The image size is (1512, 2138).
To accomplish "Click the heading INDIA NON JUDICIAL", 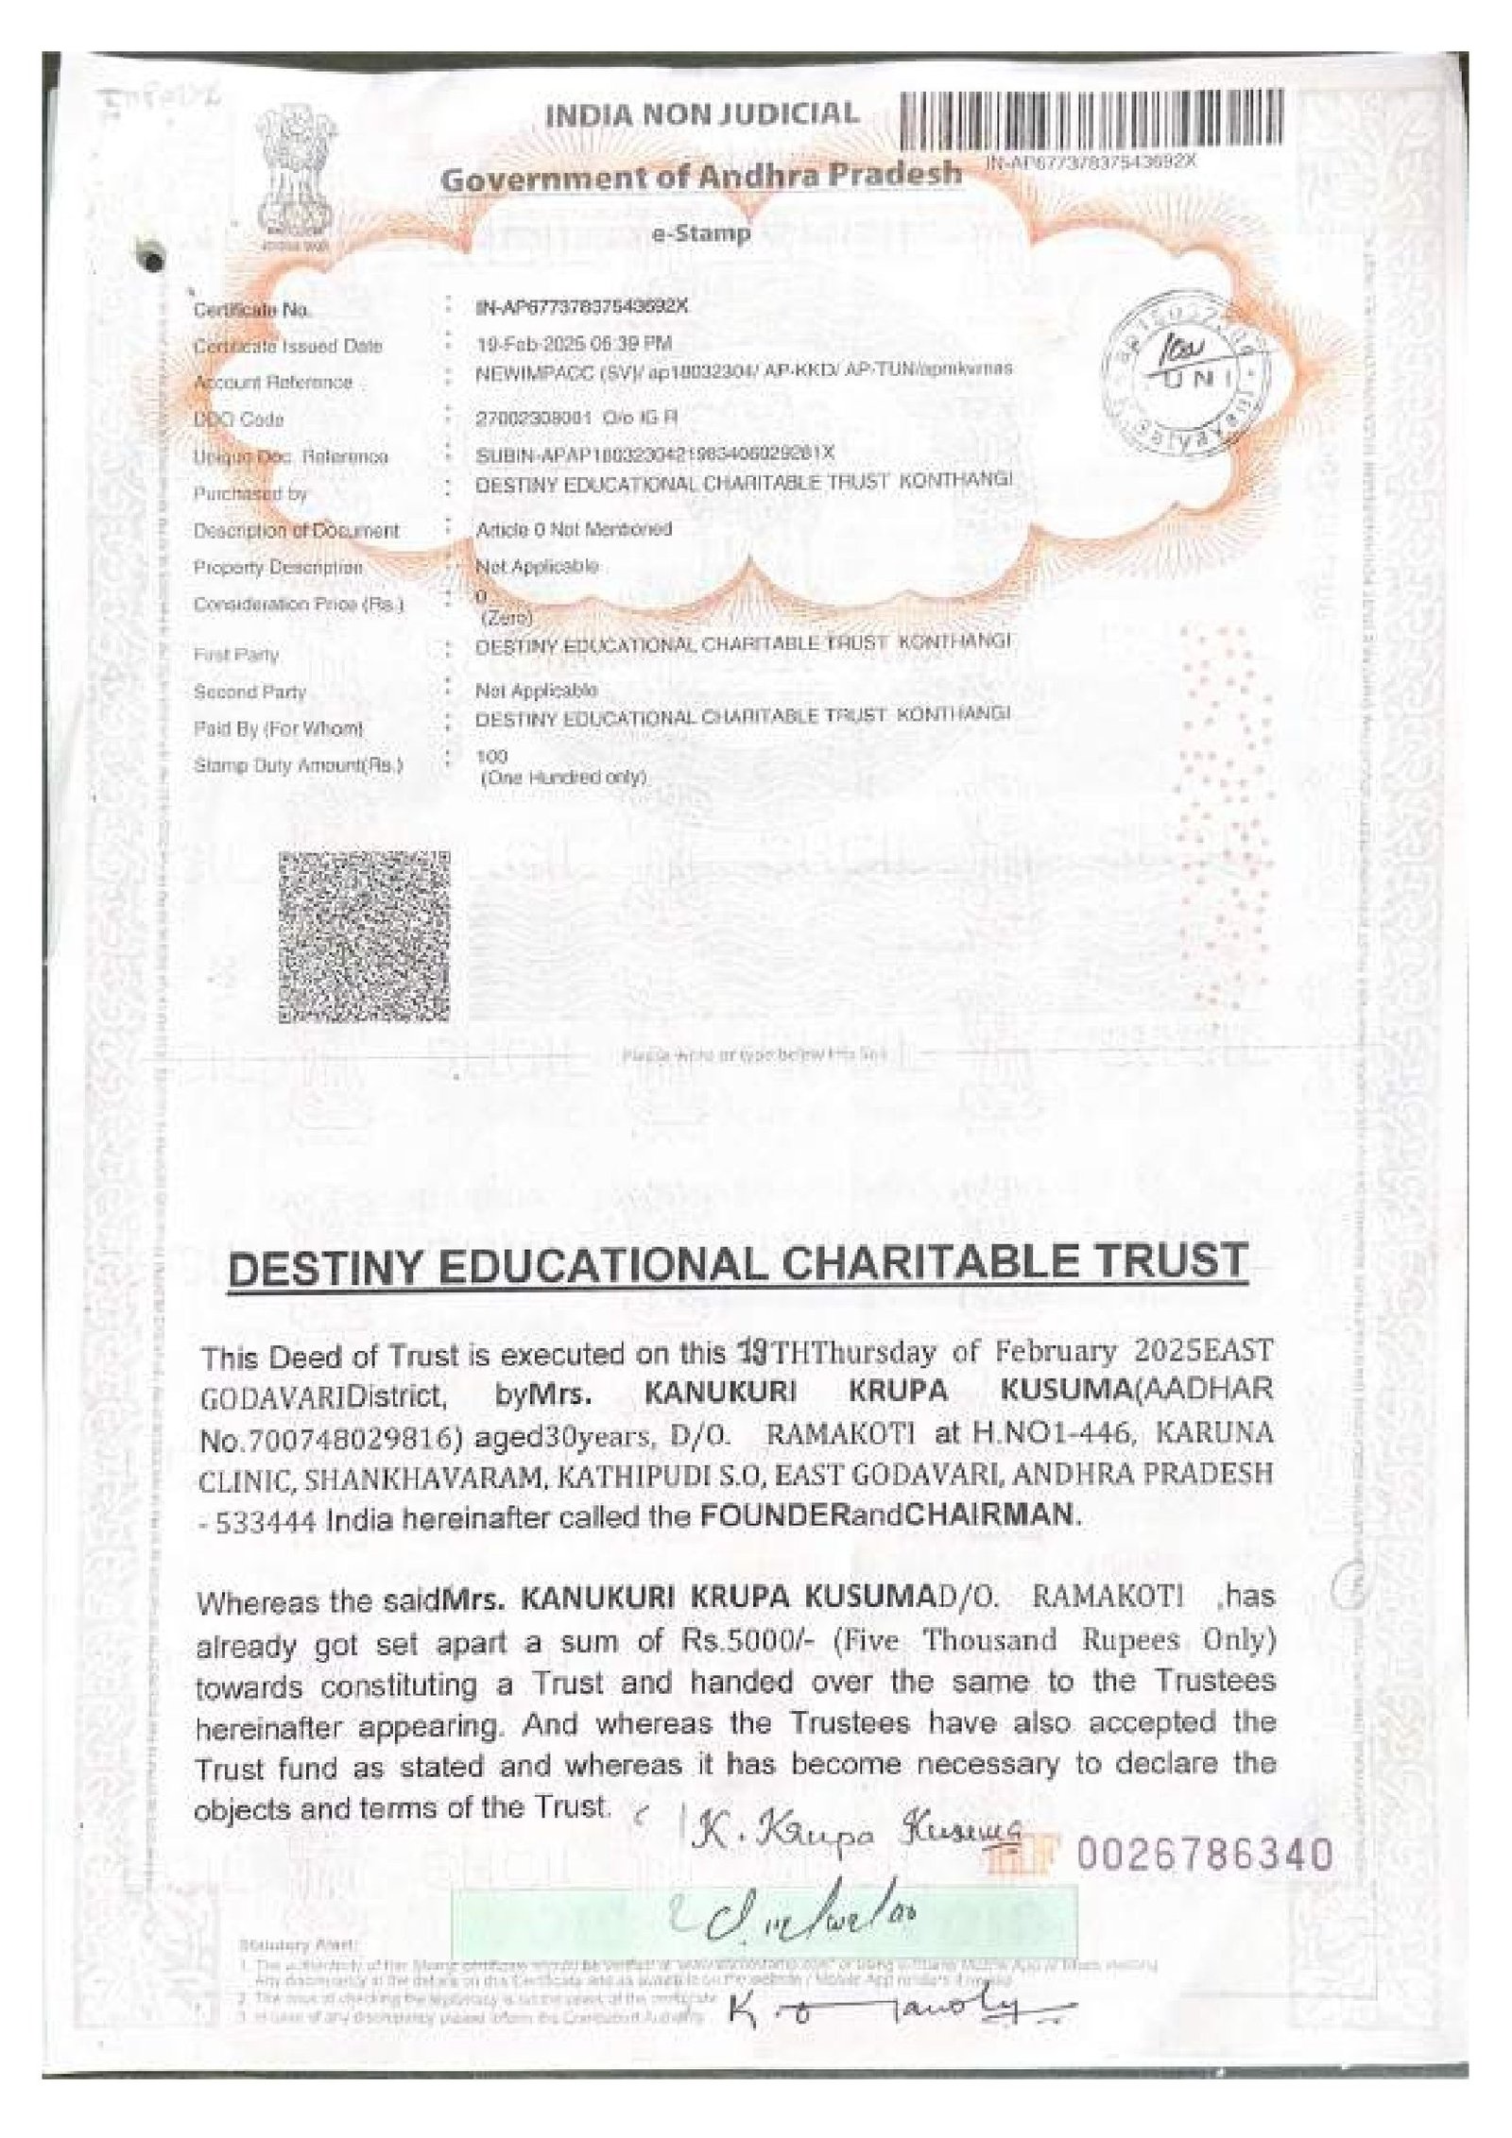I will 702,115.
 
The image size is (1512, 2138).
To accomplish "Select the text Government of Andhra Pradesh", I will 702,176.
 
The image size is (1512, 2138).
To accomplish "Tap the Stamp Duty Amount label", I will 298,765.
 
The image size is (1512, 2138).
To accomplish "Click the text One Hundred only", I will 563,778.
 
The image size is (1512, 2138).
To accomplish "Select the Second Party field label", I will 249,692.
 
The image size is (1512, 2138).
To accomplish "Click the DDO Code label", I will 238,419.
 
